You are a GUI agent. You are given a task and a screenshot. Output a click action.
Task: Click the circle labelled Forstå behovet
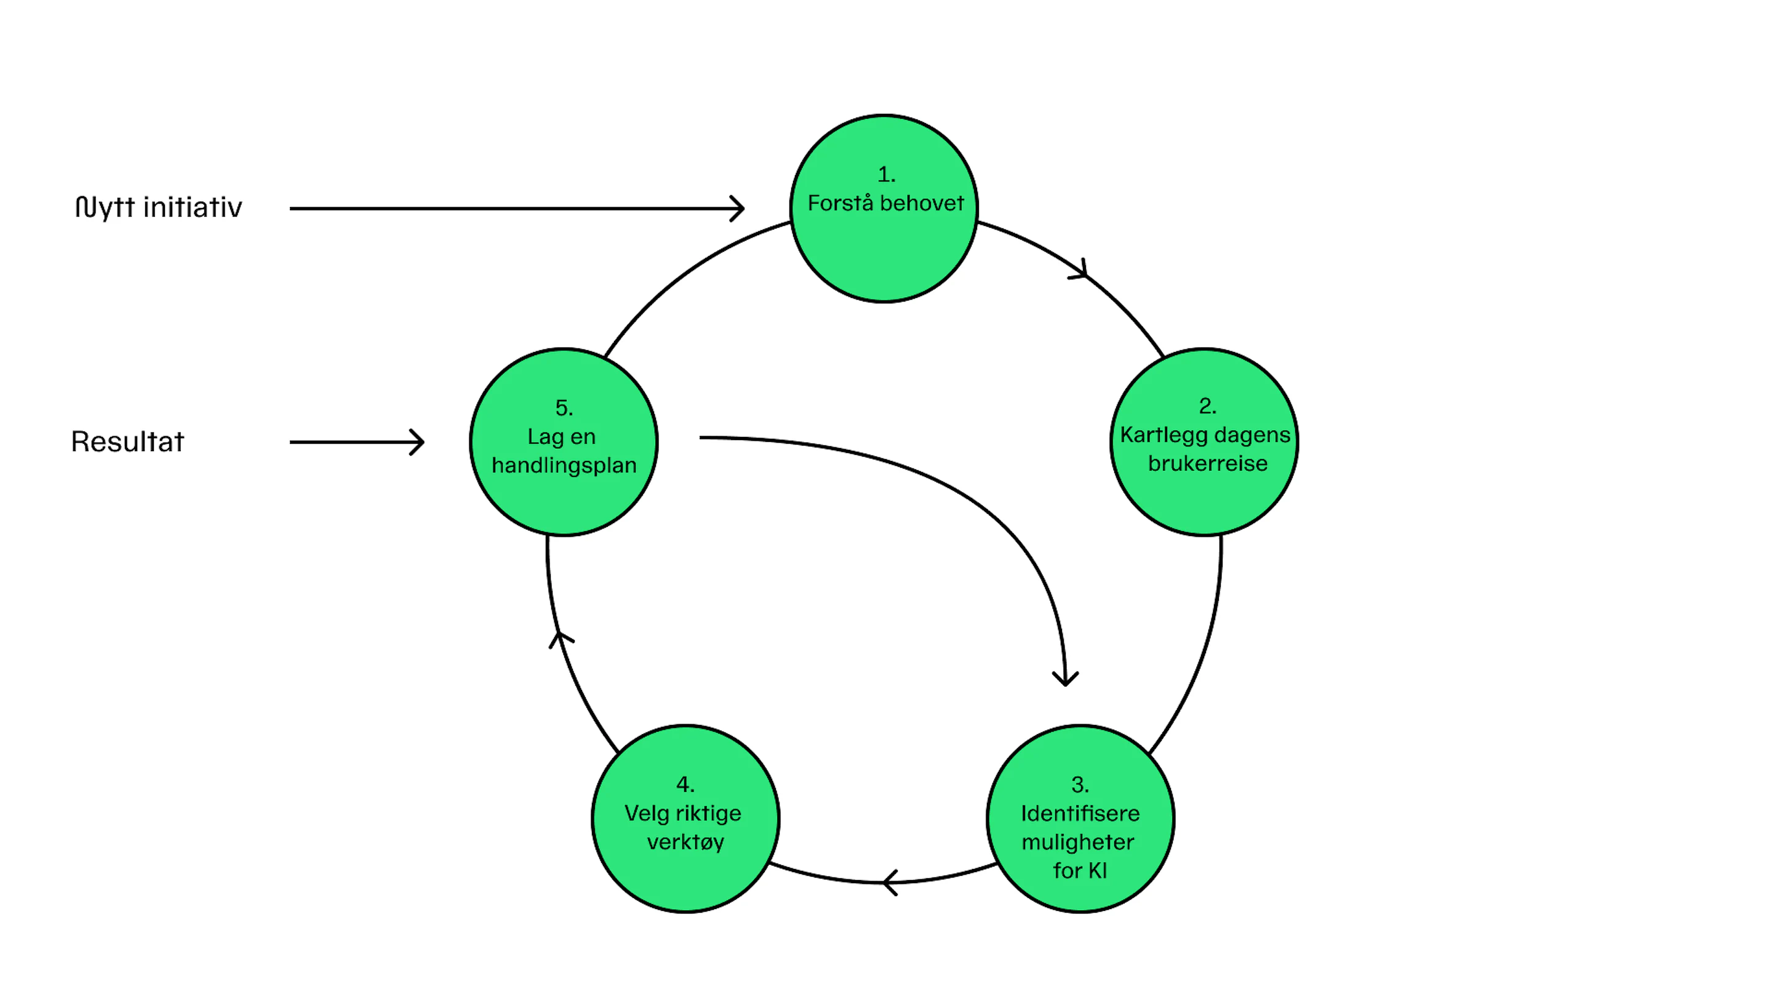point(884,209)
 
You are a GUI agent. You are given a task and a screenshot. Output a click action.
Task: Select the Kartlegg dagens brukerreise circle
point(1205,442)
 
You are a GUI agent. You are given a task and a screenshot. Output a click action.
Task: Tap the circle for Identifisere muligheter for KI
point(1080,819)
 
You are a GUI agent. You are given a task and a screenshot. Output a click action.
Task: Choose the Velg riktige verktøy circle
point(686,819)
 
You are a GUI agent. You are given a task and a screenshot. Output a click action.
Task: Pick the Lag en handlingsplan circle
point(564,442)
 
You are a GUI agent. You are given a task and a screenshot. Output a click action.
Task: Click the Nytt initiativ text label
point(158,207)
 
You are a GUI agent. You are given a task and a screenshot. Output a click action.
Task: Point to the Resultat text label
point(127,442)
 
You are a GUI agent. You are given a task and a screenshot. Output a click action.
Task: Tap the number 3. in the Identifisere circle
point(1080,785)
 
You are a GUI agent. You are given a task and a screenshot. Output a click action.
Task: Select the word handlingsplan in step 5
point(564,466)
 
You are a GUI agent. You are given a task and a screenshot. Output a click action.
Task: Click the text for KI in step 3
point(1080,871)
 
